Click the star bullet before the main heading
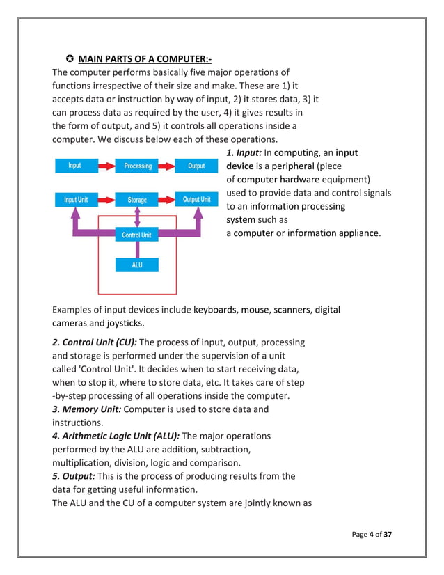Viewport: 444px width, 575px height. (x=70, y=57)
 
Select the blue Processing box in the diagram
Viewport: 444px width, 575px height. (x=138, y=166)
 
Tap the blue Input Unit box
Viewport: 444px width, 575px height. (x=76, y=200)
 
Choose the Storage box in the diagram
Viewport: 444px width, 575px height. (x=137, y=200)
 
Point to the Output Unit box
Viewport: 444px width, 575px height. (x=196, y=200)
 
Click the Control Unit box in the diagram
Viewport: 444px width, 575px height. (x=136, y=235)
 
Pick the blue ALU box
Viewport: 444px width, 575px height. (x=137, y=265)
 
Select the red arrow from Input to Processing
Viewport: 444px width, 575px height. (x=106, y=166)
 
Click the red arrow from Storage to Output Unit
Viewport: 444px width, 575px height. (x=168, y=200)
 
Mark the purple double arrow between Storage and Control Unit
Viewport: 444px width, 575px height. (x=137, y=217)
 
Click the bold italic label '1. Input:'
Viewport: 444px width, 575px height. (x=244, y=152)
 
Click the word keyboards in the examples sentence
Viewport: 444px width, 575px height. (x=216, y=310)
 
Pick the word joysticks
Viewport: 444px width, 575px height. (x=125, y=323)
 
